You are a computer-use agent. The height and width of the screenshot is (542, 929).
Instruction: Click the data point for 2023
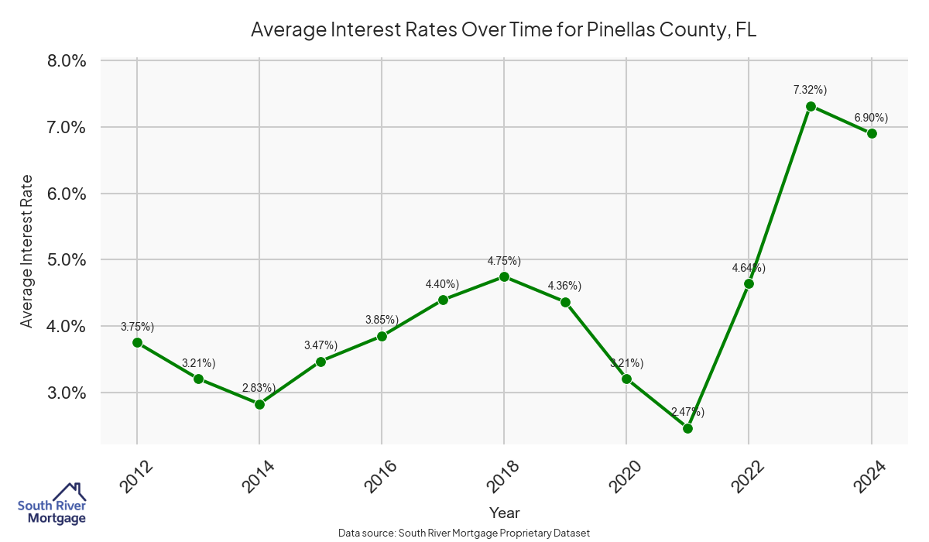[x=811, y=106]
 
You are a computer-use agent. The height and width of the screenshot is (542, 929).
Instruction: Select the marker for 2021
[x=687, y=428]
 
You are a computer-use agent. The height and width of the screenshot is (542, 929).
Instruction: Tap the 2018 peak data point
[x=504, y=276]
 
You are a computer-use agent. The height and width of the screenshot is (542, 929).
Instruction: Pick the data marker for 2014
[x=259, y=404]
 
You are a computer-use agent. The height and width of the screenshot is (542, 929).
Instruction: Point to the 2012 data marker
[x=137, y=342]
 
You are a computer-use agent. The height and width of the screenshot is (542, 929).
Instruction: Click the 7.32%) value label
[x=810, y=91]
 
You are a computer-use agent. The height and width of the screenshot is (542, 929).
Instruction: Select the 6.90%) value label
[x=871, y=118]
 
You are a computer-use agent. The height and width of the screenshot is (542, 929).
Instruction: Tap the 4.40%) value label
[x=442, y=284]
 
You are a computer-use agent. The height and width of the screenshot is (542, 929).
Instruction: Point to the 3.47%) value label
[x=321, y=346]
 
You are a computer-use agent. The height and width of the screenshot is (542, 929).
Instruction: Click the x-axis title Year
[x=504, y=513]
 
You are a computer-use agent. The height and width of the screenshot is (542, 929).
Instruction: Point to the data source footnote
[x=464, y=533]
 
